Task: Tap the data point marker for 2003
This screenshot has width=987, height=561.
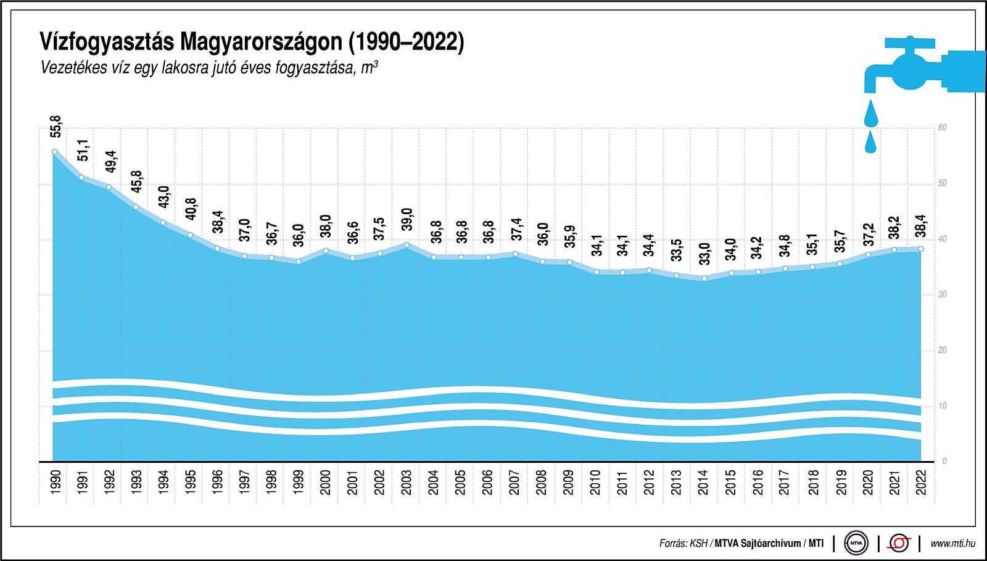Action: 407,245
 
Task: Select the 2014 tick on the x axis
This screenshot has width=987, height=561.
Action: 704,482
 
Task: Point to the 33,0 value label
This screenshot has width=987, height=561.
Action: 704,254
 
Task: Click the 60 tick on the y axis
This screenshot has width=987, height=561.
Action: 942,128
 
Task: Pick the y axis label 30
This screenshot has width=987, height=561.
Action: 942,294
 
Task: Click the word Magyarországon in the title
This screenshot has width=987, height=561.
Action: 261,41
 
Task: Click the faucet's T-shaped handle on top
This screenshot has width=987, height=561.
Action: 910,43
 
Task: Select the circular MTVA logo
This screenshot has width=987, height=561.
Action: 856,543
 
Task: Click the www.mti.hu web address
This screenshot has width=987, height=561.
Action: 952,543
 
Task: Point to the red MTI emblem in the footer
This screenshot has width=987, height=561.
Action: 899,543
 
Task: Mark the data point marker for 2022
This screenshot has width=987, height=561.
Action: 921,249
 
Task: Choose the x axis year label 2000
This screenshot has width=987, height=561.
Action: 326,482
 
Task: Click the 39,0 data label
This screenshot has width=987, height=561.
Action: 407,220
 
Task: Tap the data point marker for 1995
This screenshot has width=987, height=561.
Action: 190,235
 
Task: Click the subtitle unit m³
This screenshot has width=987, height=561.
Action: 369,67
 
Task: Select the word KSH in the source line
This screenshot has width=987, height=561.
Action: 698,544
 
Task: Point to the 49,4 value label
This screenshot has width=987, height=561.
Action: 110,162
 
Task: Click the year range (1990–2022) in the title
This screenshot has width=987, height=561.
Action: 407,41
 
